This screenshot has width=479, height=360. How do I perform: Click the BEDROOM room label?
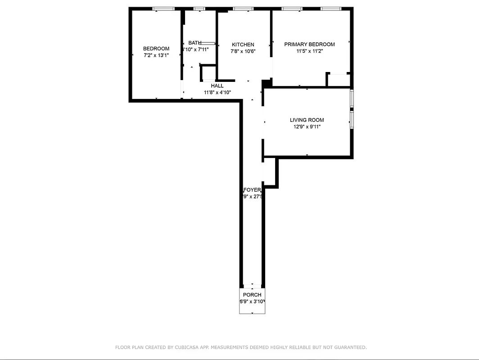[156, 49]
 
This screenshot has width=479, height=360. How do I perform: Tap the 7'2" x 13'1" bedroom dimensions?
[156, 55]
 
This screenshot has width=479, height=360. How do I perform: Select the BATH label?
[195, 43]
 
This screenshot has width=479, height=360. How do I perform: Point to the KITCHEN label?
[243, 45]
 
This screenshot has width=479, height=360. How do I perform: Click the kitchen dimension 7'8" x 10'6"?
[243, 51]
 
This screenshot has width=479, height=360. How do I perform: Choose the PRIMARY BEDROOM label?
[309, 45]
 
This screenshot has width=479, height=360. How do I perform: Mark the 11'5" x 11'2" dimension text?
[309, 51]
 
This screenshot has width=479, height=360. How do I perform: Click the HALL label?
[217, 86]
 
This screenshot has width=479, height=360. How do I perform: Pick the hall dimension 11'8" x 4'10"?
[217, 93]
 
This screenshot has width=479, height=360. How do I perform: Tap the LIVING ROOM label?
[307, 120]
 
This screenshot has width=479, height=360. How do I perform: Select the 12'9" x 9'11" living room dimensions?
[307, 127]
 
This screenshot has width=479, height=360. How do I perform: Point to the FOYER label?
[252, 190]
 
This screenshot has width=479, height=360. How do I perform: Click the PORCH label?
[252, 295]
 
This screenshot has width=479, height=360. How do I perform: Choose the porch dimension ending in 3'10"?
[252, 301]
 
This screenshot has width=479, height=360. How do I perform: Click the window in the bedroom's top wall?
[163, 9]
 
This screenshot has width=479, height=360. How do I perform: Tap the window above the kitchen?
[243, 9]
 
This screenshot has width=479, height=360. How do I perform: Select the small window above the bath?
[199, 9]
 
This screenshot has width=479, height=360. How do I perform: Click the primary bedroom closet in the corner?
[339, 80]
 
